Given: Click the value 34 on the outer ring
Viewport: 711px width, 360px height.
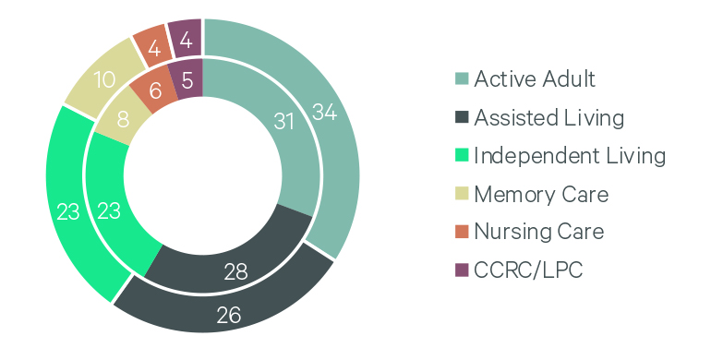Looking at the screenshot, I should [324, 113].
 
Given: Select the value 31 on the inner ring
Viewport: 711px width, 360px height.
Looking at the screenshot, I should [285, 121].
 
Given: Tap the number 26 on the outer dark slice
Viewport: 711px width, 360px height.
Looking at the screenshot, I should [229, 315].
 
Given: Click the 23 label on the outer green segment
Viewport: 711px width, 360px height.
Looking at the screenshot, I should [67, 210].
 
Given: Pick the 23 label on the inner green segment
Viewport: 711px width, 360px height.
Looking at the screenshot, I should [109, 210].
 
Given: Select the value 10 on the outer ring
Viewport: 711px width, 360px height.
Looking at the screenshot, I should [104, 80].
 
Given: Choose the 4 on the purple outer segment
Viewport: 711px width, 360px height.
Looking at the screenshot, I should [185, 41].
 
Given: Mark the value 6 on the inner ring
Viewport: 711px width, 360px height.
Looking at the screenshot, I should [155, 90].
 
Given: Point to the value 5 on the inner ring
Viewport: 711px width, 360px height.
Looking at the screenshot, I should [187, 81].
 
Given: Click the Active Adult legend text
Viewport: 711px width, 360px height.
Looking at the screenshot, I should [535, 79].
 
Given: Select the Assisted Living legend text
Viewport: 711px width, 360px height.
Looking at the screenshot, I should [548, 117].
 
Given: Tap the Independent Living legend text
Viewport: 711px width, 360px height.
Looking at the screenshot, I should [569, 155].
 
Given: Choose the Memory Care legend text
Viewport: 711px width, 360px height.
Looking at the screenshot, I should [541, 194].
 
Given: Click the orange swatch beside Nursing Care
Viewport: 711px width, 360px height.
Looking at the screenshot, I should [462, 232].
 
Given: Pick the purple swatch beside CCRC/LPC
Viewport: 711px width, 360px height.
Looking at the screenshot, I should [462, 270].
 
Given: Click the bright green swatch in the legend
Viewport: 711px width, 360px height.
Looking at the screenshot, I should [462, 156].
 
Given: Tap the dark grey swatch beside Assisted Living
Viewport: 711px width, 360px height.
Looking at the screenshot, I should [462, 118].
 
